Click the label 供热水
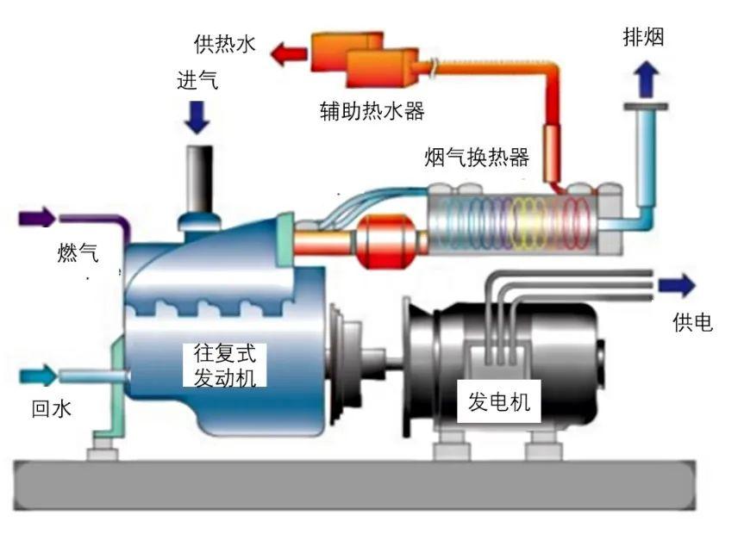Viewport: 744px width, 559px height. pos(225,44)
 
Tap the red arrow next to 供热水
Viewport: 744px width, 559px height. pos(290,54)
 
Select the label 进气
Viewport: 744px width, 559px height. pos(197,81)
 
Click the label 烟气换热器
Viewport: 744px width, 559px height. pos(477,158)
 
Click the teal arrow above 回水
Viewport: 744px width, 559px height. pos(37,375)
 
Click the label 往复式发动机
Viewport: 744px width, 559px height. pos(225,365)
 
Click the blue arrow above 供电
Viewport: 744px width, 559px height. pos(676,285)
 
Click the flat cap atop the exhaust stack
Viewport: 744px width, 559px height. pos(645,107)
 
